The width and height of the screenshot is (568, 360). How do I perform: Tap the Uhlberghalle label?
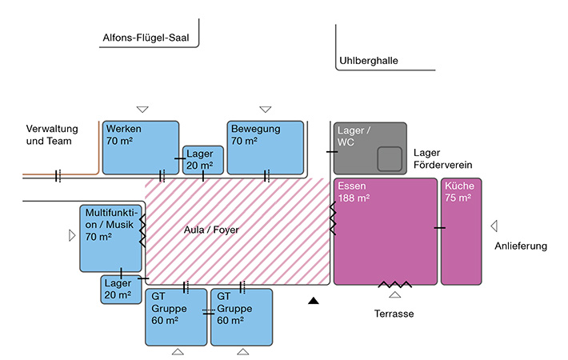pos(369,60)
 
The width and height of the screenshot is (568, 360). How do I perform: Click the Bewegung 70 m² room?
pos(266,147)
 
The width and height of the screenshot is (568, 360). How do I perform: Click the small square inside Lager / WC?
pos(390,159)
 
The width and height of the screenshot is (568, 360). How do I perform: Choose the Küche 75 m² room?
pos(462,231)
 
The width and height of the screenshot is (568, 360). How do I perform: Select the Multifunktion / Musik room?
pos(110,238)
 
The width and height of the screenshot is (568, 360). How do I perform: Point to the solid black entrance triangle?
pos(314,301)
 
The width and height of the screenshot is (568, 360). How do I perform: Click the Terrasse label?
pos(394,314)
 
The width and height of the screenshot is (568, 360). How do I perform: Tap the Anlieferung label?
pos(521,246)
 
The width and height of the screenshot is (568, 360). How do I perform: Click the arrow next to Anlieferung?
pos(494,226)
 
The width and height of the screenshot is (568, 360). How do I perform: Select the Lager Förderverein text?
pos(444,158)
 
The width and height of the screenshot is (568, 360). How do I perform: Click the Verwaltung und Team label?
pos(50,134)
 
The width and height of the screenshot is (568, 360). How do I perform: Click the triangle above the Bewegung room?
pos(266,109)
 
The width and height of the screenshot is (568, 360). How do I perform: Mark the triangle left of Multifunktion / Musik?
pos(72,235)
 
